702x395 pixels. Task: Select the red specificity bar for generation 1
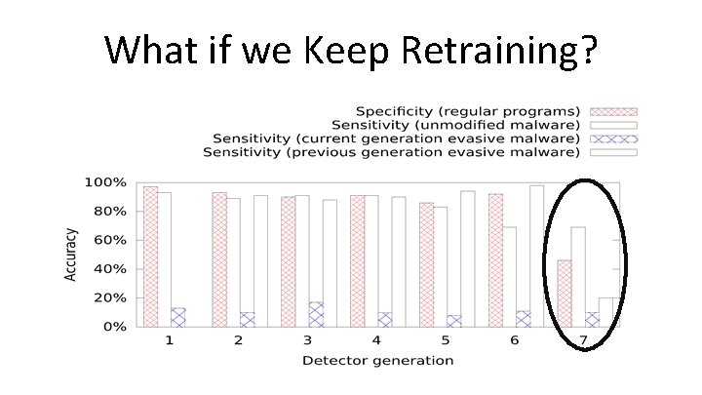[149, 257]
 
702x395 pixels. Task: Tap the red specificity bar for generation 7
[565, 294]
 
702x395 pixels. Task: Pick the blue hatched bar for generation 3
[316, 314]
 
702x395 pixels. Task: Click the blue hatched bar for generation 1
[177, 317]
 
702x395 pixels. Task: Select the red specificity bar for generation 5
[426, 264]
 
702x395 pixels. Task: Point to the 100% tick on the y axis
[104, 182]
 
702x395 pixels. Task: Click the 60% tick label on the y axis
[108, 240]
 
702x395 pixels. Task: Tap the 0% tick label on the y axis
[112, 327]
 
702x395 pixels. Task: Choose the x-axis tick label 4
[377, 341]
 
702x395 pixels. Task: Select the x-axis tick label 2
[239, 341]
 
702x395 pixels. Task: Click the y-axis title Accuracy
[71, 255]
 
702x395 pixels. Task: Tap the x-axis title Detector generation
[377, 360]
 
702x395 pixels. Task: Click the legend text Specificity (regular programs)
[468, 110]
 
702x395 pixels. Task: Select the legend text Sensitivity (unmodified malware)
[455, 124]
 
